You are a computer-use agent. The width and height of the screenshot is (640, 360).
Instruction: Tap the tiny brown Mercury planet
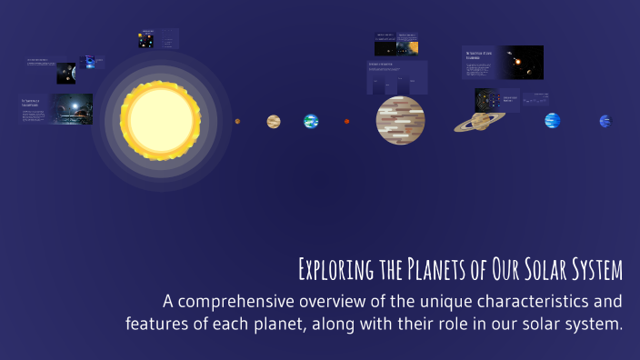click(237, 121)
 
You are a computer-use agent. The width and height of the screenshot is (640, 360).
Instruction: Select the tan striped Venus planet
click(274, 121)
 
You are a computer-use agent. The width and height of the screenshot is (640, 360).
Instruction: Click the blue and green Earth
click(311, 121)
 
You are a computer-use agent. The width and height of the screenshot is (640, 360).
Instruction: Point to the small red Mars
click(346, 121)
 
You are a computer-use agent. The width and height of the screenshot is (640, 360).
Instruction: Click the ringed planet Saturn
click(481, 120)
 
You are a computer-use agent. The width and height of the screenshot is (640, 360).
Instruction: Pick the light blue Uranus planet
click(552, 120)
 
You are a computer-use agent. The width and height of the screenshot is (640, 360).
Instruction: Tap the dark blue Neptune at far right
click(605, 121)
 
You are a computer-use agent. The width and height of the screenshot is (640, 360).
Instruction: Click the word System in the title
click(593, 271)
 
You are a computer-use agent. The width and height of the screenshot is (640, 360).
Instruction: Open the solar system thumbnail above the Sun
click(145, 40)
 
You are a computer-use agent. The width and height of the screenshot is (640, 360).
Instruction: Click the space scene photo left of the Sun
click(71, 109)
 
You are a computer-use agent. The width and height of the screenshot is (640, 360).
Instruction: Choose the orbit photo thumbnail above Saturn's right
click(520, 62)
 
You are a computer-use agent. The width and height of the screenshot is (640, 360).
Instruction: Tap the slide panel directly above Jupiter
click(397, 77)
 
